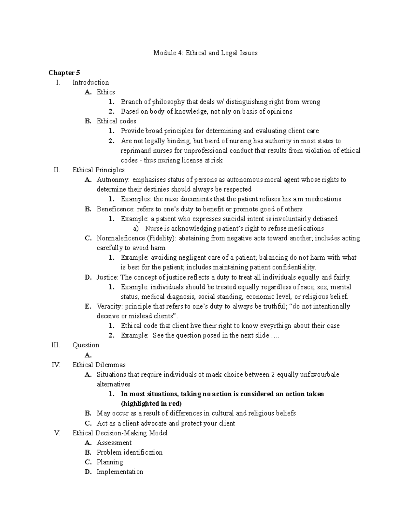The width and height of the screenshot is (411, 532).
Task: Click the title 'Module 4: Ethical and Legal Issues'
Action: [x=205, y=53]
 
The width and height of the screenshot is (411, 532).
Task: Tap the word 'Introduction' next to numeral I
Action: [x=90, y=83]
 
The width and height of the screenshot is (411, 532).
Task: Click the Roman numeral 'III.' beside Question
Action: [x=55, y=345]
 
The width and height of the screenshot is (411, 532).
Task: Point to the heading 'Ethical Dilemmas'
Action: [x=99, y=365]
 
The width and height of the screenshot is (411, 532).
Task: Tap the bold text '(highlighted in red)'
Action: [x=151, y=404]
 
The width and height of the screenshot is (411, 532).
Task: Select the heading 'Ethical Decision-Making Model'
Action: [x=120, y=433]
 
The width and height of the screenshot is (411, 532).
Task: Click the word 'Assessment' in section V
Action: [x=114, y=443]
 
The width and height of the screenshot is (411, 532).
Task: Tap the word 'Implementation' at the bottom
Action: [x=120, y=472]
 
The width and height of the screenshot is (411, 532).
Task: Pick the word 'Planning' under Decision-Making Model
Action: [x=110, y=462]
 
